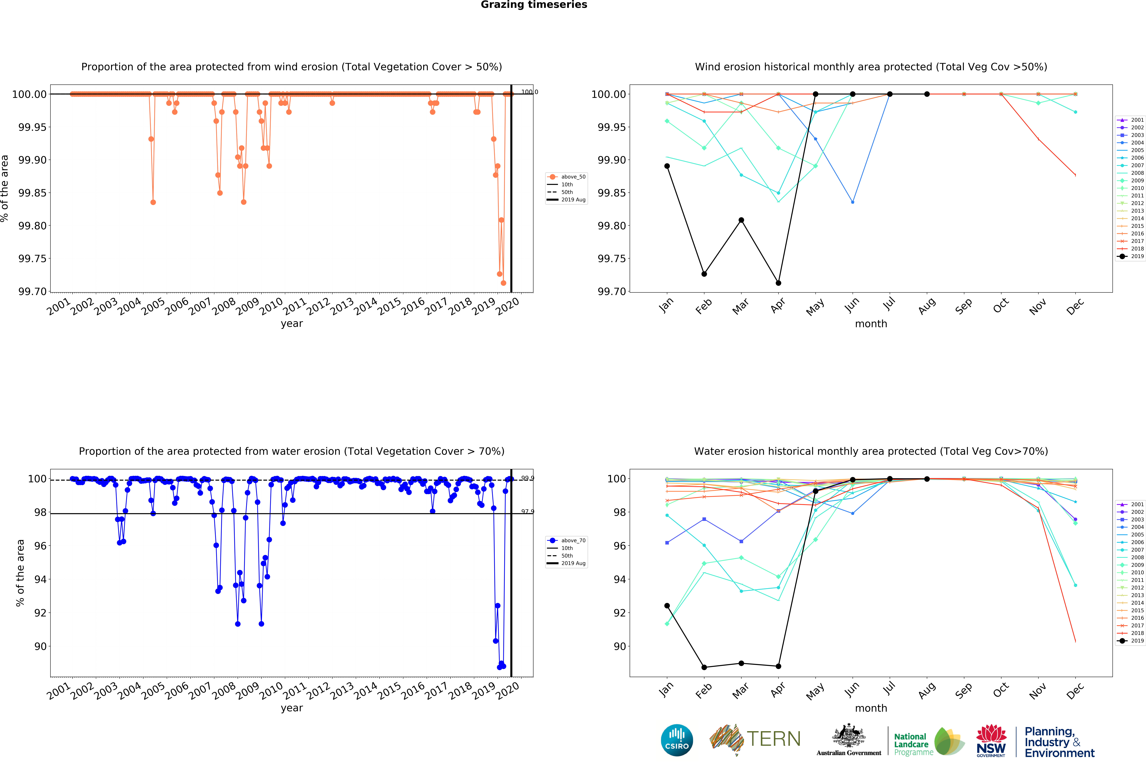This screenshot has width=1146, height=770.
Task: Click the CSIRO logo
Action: click(677, 740)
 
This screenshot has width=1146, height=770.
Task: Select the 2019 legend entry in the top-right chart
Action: click(1131, 256)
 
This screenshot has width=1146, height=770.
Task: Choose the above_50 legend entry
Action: click(566, 177)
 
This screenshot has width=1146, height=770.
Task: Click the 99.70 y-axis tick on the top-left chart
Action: click(32, 292)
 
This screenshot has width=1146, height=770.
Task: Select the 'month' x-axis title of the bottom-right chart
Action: click(871, 708)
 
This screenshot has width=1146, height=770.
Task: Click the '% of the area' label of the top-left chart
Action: click(5, 189)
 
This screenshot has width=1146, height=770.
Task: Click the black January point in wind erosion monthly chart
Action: click(667, 166)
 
